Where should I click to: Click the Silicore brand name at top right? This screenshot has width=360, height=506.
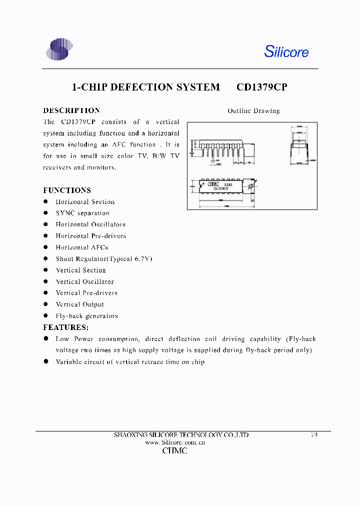coord(286,51)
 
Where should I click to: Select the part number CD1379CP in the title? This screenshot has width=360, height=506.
coord(261,87)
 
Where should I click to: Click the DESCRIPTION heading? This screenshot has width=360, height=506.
coord(71,110)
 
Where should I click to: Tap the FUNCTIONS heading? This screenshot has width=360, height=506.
coord(67,190)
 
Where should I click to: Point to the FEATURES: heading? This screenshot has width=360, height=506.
coord(66,327)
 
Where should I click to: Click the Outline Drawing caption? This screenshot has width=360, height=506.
coord(253,111)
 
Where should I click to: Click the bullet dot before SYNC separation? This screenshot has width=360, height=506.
coord(45,213)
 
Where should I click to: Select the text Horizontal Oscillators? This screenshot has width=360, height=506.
coord(90,224)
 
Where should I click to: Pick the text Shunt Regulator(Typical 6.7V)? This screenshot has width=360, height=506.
coord(103,258)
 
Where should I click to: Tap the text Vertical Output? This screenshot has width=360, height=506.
coord(79,304)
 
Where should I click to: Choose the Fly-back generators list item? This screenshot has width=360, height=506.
coord(86,315)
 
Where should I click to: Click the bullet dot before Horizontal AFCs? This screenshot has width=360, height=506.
coord(45,247)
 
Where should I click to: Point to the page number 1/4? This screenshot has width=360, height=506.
coord(314,435)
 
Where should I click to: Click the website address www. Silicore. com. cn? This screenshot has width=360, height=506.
coord(175,442)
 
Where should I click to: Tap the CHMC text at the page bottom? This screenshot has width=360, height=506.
coord(175,451)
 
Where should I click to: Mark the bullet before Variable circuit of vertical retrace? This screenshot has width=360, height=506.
coord(45,361)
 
